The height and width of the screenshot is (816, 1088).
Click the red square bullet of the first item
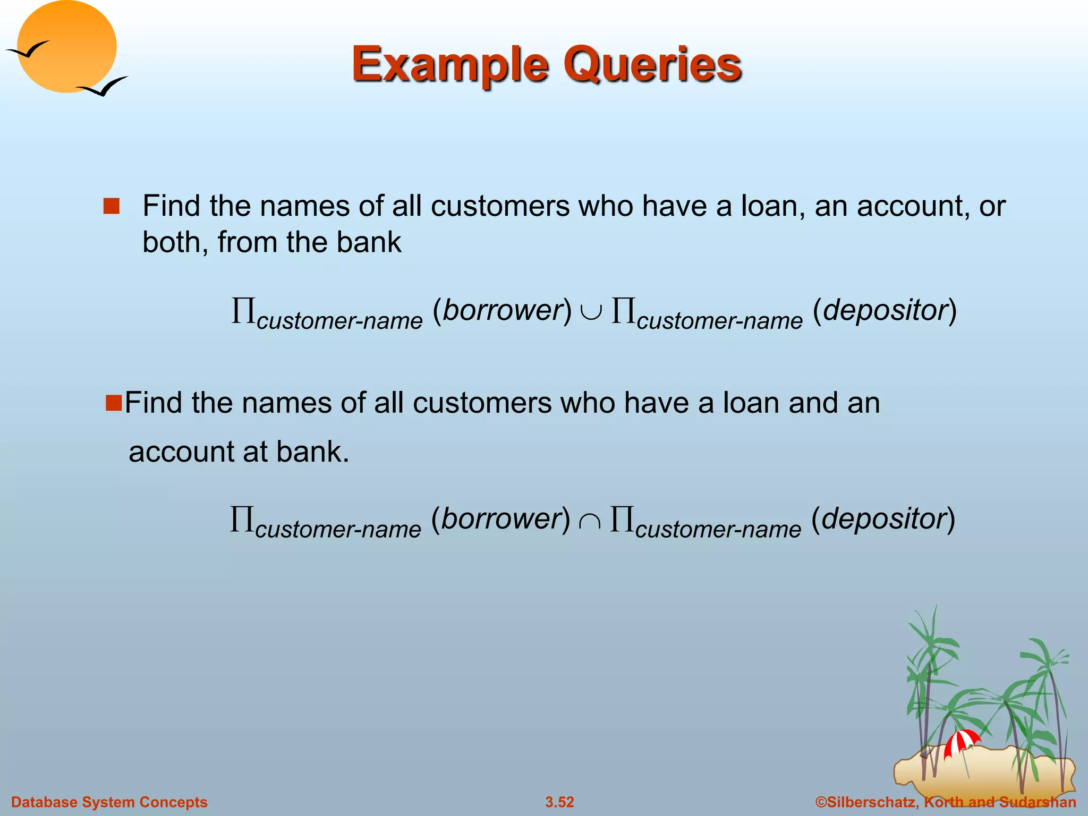coord(112,206)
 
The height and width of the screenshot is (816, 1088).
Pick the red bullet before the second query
coord(114,403)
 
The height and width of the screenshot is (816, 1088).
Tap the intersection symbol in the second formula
coord(590,522)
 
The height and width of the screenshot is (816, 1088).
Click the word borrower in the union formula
coord(503,310)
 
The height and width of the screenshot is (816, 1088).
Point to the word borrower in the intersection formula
coord(501,518)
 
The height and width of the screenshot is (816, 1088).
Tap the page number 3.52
coord(559,802)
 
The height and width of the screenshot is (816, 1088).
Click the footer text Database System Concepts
coord(109,802)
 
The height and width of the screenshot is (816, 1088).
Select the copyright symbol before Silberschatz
coord(821,802)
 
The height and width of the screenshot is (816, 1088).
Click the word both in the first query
coord(174,242)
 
